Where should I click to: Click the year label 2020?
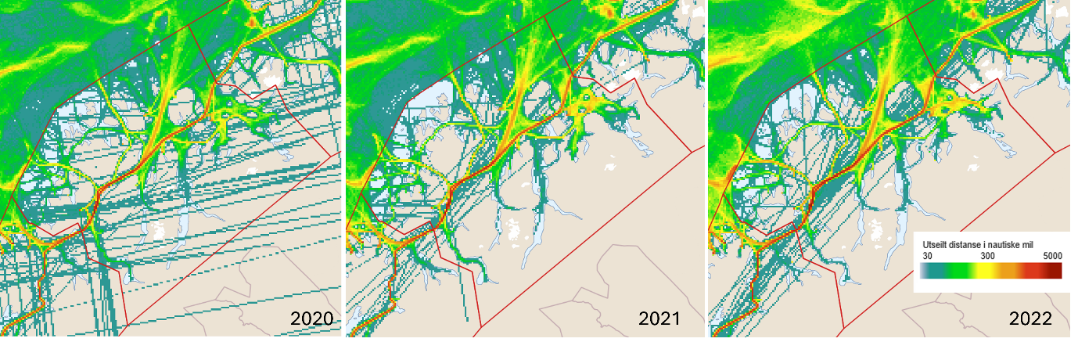[311, 319]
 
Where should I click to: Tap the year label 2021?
[659, 319]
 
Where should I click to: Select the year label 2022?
[1030, 319]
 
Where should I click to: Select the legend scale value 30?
[927, 256]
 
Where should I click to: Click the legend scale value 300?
[987, 256]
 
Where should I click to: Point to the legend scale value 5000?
[1052, 256]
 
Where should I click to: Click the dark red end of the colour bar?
[1056, 271]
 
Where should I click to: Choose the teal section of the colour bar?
[932, 271]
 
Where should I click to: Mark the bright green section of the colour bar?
[958, 271]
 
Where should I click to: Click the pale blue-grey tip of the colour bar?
[923, 271]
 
